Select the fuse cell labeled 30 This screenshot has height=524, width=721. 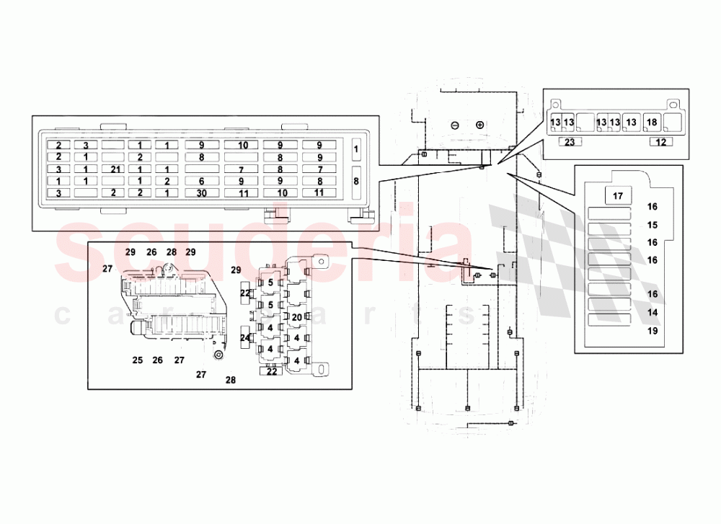pyautogui.click(x=201, y=193)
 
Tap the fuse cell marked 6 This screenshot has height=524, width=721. pyautogui.click(x=201, y=181)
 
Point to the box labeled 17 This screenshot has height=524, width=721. pyautogui.click(x=617, y=195)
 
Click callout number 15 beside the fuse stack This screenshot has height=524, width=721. pyautogui.click(x=653, y=225)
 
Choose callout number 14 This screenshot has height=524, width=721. pyautogui.click(x=653, y=313)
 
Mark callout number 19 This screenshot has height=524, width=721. pyautogui.click(x=653, y=332)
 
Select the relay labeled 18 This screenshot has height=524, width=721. pyautogui.click(x=652, y=122)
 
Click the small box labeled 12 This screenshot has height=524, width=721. pyautogui.click(x=660, y=142)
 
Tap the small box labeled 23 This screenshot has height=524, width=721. pyautogui.click(x=569, y=142)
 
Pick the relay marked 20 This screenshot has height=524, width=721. pyautogui.click(x=296, y=316)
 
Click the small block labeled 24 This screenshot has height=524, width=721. pyautogui.click(x=245, y=337)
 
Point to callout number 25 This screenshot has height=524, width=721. pyautogui.click(x=138, y=360)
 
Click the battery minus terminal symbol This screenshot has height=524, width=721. pyautogui.click(x=455, y=125)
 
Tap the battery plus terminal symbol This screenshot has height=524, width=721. pyautogui.click(x=479, y=125)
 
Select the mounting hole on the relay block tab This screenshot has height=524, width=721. pyautogui.click(x=324, y=263)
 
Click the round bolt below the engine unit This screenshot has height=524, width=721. pyautogui.click(x=217, y=355)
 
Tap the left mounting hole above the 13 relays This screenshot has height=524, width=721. pyautogui.click(x=554, y=104)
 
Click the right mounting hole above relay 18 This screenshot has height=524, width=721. pyautogui.click(x=671, y=104)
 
